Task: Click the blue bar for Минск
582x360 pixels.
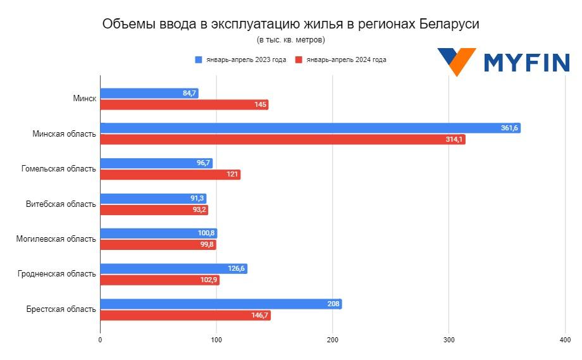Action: (149, 93)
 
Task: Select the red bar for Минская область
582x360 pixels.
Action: (282, 139)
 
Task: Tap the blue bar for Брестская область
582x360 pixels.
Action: (221, 304)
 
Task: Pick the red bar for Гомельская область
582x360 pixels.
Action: (170, 175)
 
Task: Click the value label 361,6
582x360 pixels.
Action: (509, 128)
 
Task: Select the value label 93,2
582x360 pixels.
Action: (199, 210)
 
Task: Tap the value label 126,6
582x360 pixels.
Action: (236, 269)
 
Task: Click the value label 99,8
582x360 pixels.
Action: (207, 245)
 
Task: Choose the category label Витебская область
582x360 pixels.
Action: (61, 204)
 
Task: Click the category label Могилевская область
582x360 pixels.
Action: (58, 239)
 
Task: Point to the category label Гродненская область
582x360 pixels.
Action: (58, 274)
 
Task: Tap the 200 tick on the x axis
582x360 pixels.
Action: (333, 340)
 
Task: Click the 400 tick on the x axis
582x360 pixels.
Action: (565, 340)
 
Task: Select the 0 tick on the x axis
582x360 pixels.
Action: (100, 340)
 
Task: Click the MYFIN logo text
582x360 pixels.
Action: (526, 63)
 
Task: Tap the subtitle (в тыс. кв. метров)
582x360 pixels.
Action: (290, 40)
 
